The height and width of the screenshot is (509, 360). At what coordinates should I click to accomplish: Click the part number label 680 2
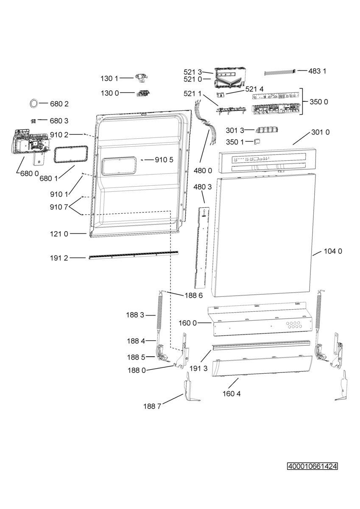(x=59, y=104)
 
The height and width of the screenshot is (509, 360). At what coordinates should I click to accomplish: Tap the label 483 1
(x=317, y=71)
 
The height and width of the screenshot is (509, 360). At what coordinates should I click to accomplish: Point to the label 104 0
(x=333, y=251)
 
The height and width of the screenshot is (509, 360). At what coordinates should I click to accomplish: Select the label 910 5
(x=164, y=160)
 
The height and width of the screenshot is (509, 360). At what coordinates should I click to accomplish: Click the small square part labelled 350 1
(x=257, y=141)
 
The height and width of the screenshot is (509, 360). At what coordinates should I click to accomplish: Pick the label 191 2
(x=59, y=258)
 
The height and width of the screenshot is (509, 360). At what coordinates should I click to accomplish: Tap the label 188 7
(x=152, y=406)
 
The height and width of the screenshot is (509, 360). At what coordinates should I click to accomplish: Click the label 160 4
(x=232, y=393)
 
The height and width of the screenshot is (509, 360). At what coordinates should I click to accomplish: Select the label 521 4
(x=254, y=89)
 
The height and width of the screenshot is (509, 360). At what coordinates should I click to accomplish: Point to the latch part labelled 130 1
(x=141, y=78)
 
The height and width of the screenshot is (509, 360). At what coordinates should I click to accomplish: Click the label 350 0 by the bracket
(x=319, y=102)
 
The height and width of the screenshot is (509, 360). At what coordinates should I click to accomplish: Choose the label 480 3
(x=203, y=187)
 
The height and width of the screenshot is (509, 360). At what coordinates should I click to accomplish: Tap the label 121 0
(x=59, y=234)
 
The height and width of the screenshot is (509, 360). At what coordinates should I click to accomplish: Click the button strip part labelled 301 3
(x=267, y=130)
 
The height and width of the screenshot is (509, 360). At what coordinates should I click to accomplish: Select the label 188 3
(x=135, y=315)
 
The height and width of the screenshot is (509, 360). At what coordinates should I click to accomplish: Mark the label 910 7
(x=59, y=207)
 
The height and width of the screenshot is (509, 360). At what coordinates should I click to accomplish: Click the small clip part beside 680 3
(x=33, y=121)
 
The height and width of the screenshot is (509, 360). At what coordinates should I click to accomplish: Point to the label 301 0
(x=320, y=132)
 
